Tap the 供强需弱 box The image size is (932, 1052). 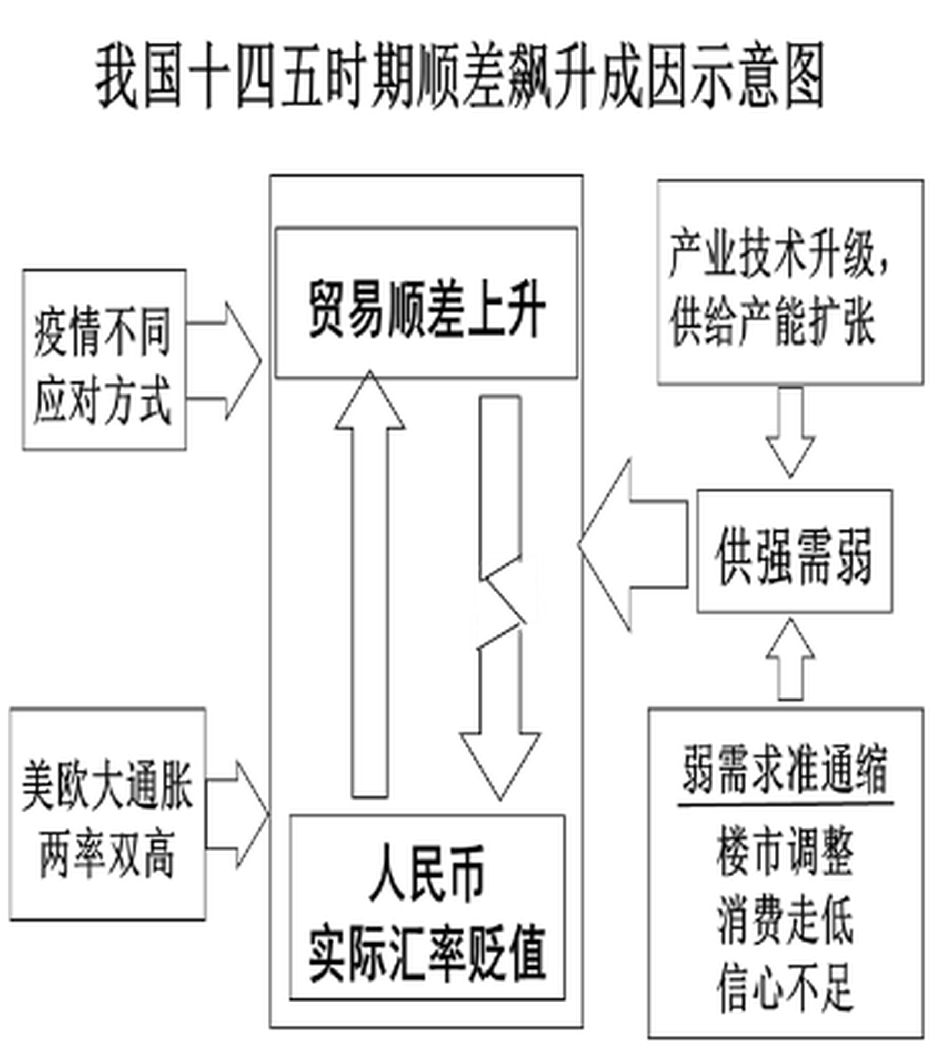click(794, 551)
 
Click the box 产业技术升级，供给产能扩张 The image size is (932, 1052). click(789, 282)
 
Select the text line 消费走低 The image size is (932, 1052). click(785, 920)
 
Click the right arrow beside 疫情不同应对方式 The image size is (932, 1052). click(226, 361)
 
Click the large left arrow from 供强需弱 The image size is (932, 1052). click(632, 545)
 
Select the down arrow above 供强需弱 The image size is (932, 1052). click(791, 434)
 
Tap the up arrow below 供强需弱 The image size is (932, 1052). click(791, 660)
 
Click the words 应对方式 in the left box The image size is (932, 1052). click(103, 399)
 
